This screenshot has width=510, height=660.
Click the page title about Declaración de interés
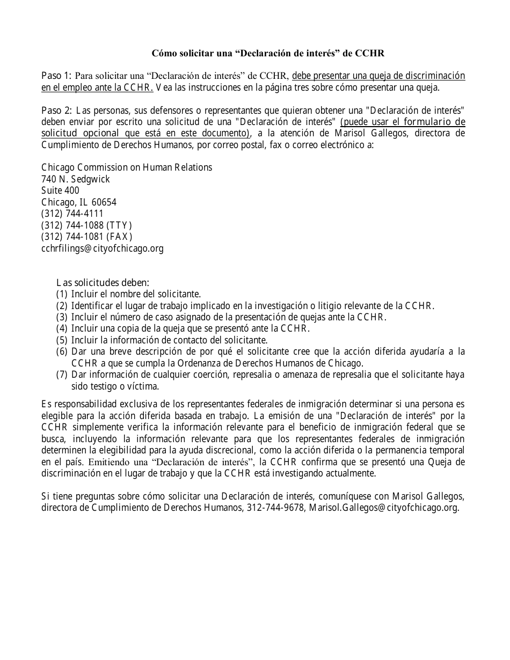(x=268, y=53)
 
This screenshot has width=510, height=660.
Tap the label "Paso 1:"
(x=56, y=75)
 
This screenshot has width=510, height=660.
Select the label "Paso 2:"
(x=56, y=111)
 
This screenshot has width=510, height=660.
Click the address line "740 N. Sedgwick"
(x=76, y=179)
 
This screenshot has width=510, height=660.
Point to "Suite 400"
(x=60, y=190)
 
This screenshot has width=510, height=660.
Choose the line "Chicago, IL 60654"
(x=79, y=202)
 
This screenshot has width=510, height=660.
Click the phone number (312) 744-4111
(x=72, y=214)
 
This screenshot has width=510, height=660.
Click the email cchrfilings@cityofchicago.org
(x=103, y=248)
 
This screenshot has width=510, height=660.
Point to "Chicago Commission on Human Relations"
(x=127, y=167)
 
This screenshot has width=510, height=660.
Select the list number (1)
(x=62, y=294)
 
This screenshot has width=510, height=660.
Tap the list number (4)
(x=62, y=328)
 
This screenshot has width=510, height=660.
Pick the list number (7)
(x=62, y=375)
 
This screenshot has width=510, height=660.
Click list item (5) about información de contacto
(x=169, y=340)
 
